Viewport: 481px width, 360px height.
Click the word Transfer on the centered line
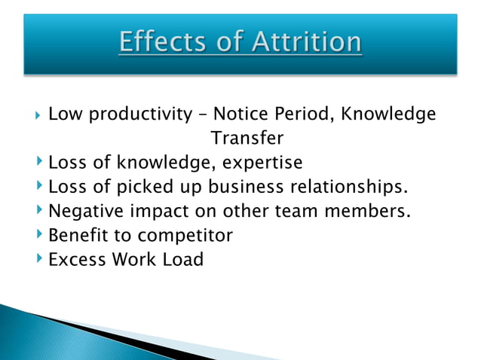point(247,139)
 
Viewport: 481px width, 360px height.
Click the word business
point(244,187)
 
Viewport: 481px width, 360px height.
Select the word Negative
point(83,211)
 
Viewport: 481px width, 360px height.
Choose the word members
point(367,211)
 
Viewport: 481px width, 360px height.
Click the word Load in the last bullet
point(183,260)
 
